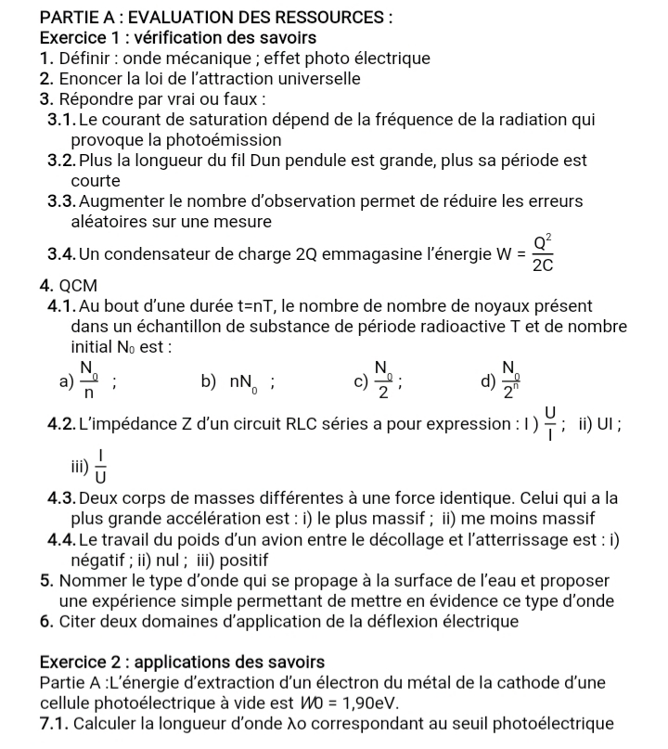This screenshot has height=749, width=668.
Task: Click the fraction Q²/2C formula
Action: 543,252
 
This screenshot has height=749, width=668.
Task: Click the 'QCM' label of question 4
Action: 78,285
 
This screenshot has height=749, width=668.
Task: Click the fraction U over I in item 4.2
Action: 550,423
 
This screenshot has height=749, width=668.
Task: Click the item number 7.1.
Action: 58,724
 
